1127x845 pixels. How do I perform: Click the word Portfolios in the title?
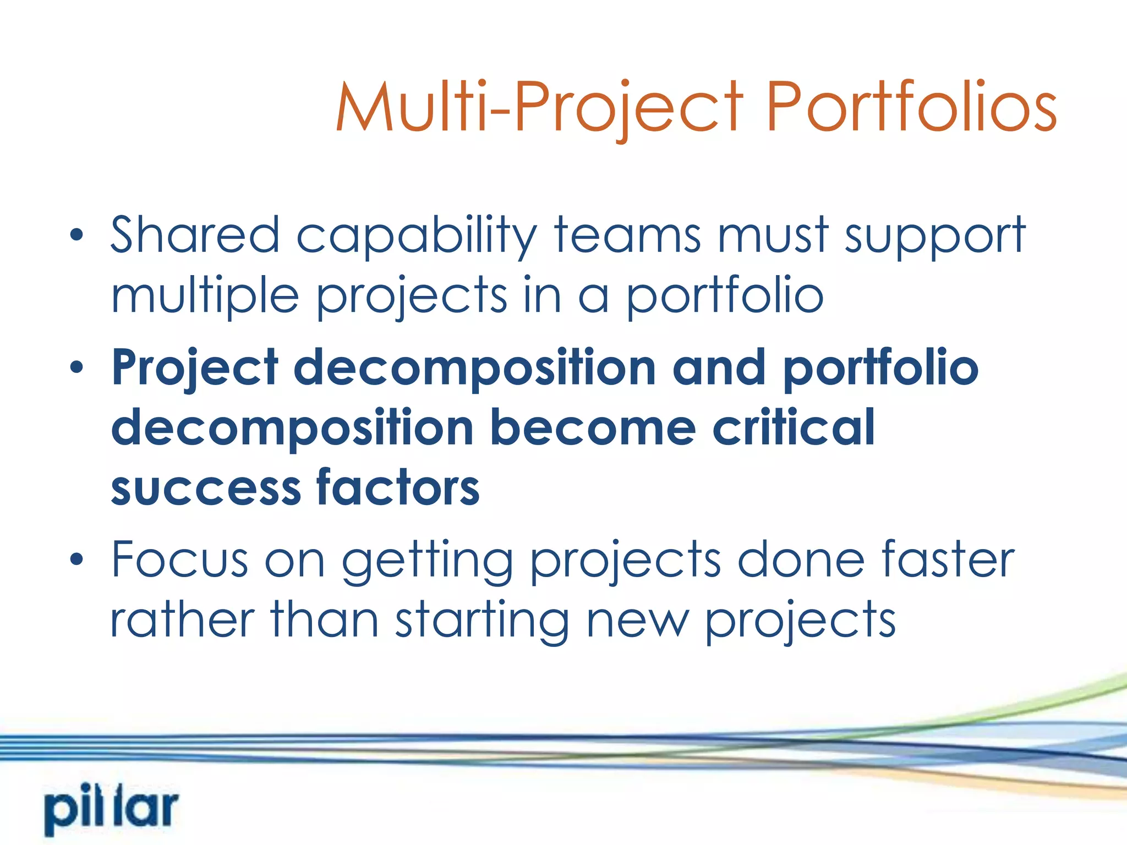pyautogui.click(x=911, y=107)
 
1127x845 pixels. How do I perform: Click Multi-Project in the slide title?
pyautogui.click(x=539, y=107)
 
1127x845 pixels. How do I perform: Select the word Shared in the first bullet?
pyautogui.click(x=195, y=235)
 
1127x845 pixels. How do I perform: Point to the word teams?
pyautogui.click(x=628, y=235)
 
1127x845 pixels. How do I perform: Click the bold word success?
pyautogui.click(x=205, y=489)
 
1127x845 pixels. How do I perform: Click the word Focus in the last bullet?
pyautogui.click(x=179, y=559)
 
